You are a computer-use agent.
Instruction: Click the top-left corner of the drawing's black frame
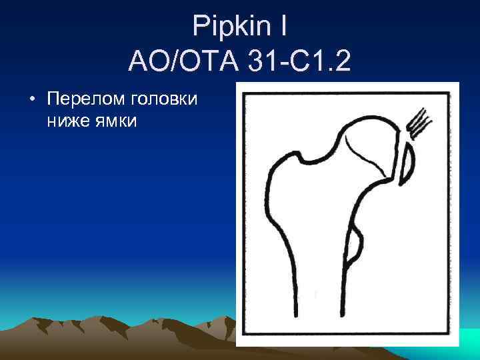[244, 92]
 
